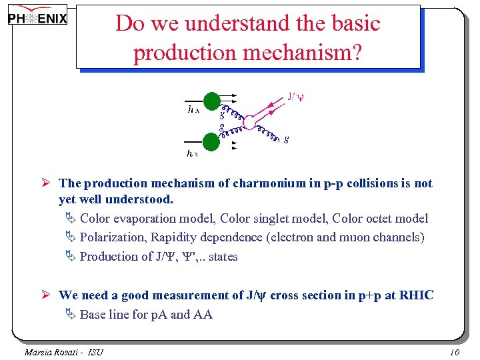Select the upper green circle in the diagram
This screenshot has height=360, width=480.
tap(211, 101)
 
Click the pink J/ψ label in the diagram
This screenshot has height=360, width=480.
tap(296, 97)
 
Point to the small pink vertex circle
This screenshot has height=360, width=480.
tap(248, 122)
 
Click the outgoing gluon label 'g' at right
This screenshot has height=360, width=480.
tap(286, 139)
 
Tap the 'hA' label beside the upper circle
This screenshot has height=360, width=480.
tap(193, 111)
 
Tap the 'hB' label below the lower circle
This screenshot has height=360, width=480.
tap(192, 154)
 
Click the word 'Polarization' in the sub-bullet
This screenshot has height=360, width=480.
tap(113, 237)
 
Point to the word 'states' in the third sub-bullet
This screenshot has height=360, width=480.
tap(223, 257)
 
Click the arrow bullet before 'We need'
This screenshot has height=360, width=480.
tap(48, 295)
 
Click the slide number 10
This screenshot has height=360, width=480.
tap(455, 352)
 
